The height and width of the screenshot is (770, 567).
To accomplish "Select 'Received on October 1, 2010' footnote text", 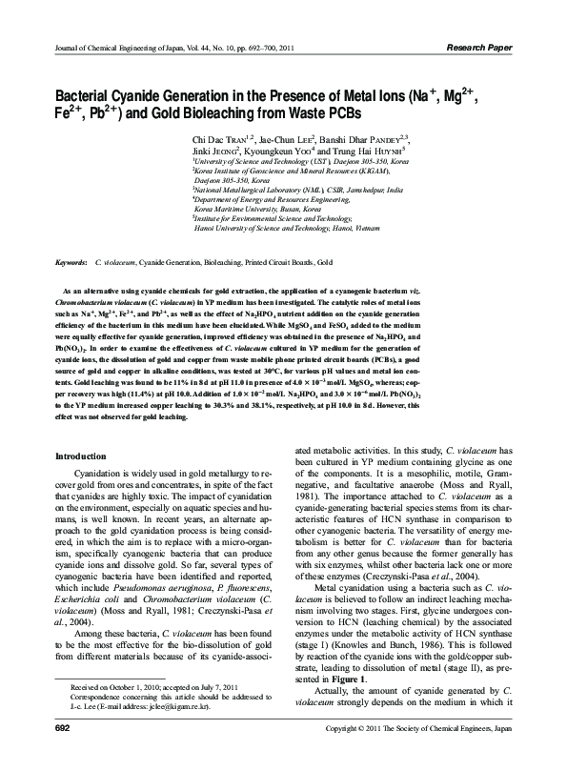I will [x=123, y=715].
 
